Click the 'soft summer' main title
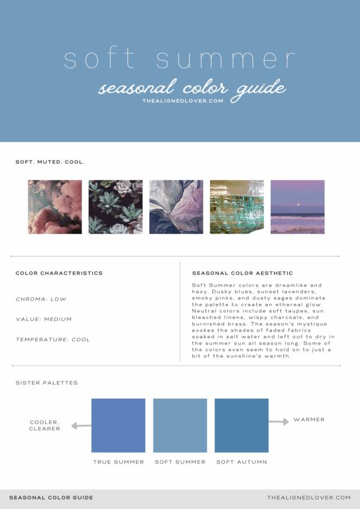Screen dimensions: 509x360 coord(180,60)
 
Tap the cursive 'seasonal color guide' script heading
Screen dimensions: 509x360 coord(191,88)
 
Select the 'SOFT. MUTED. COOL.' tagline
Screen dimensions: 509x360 coord(50,162)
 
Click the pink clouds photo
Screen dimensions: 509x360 coord(55,207)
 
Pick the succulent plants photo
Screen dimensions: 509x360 coord(115,207)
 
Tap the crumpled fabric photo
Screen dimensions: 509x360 coord(176,207)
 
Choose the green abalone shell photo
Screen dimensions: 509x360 coord(237,207)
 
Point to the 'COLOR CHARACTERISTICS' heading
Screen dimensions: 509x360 coord(59,273)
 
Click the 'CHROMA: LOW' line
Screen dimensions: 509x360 coord(41,299)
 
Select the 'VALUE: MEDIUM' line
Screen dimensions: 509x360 coord(44,320)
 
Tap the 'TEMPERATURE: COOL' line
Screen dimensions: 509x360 coord(53,340)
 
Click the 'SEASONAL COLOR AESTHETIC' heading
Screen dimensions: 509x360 coord(242,273)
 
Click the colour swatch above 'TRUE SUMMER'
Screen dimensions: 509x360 coord(118,425)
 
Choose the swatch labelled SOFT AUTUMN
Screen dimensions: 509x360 coord(241,425)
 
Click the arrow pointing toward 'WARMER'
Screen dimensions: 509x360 coord(278,422)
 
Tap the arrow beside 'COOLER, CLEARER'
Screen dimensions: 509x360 coord(80,426)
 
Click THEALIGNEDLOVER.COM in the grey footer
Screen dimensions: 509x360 coord(308,498)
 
